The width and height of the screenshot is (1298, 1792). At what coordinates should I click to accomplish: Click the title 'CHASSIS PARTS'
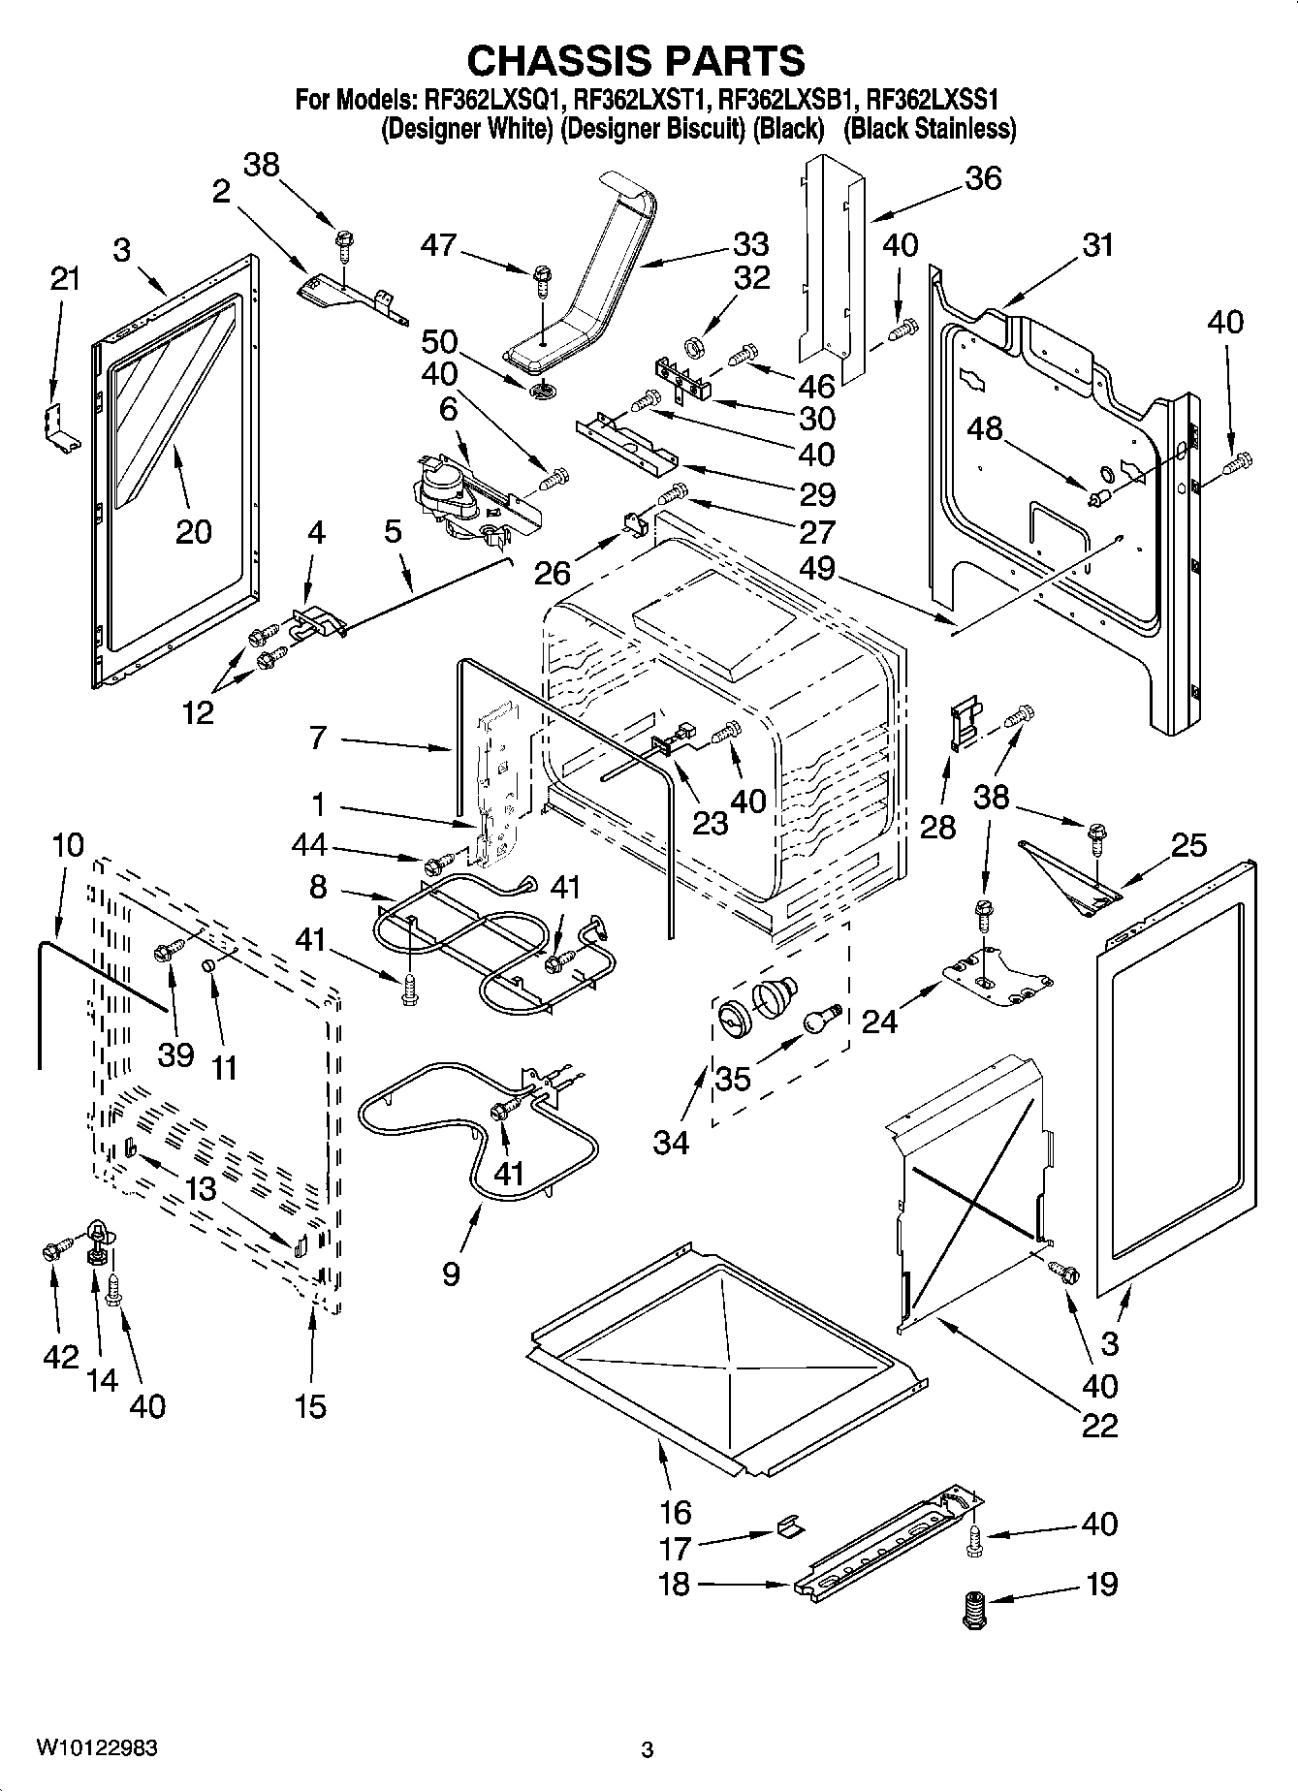(x=636, y=60)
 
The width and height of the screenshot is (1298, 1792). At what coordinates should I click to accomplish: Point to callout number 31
(x=1097, y=245)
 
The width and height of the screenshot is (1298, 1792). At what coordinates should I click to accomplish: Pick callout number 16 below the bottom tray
(x=675, y=1511)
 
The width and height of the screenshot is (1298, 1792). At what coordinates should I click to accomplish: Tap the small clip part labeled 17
(x=790, y=1528)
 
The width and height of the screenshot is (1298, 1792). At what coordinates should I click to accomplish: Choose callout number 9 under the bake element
(x=451, y=1272)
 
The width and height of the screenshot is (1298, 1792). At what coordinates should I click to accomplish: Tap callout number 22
(x=1099, y=1425)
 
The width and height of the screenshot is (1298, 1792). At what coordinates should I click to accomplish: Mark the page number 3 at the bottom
(x=648, y=1749)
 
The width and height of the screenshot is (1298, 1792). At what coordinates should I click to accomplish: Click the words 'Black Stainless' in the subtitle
(x=929, y=129)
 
